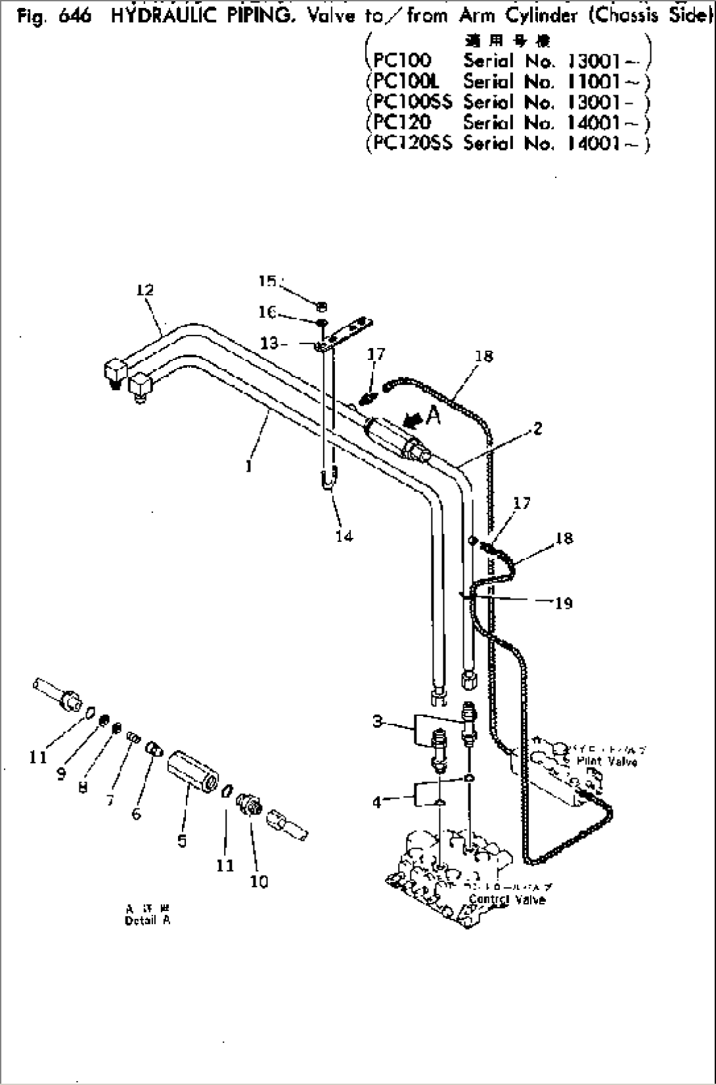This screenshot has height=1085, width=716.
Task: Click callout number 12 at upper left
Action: [145, 290]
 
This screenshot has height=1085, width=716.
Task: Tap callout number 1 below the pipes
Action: [249, 467]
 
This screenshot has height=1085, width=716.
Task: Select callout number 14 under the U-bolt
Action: [344, 536]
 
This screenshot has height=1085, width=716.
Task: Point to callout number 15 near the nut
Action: [267, 281]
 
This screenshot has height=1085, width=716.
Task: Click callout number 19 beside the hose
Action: [564, 603]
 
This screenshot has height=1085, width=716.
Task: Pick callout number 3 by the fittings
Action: [378, 721]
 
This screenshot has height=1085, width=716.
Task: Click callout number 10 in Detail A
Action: [259, 881]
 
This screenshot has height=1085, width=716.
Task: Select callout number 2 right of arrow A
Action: [537, 429]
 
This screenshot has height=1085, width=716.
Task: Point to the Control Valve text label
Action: [507, 900]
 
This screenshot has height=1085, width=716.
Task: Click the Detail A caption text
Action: [147, 920]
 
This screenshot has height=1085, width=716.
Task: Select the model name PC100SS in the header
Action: [413, 102]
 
